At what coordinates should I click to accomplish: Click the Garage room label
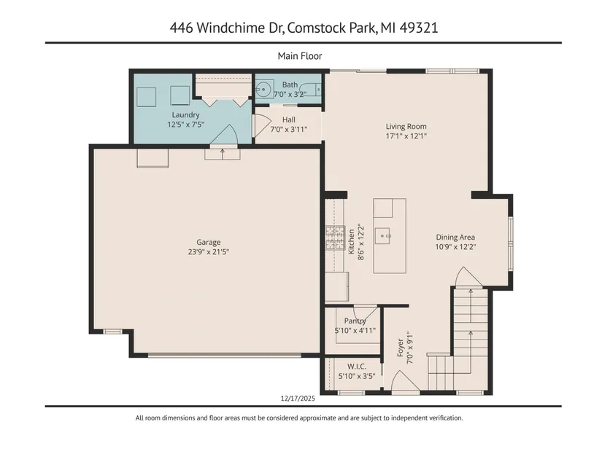(209, 242)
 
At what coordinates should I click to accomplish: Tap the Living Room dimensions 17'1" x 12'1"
(406, 136)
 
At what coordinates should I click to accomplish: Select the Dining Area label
(455, 238)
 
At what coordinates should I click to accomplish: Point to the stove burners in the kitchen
(335, 238)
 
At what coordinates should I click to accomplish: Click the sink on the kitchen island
(383, 234)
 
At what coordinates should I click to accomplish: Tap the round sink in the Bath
(263, 90)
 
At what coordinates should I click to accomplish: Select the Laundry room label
(185, 115)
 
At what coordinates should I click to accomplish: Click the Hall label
(289, 119)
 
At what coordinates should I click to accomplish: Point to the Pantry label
(355, 321)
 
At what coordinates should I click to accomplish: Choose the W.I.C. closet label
(357, 366)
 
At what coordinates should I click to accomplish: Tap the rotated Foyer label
(401, 348)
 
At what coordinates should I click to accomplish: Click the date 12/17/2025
(298, 399)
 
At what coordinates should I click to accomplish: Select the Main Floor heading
(300, 56)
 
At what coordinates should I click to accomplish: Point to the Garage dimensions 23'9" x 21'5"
(209, 252)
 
